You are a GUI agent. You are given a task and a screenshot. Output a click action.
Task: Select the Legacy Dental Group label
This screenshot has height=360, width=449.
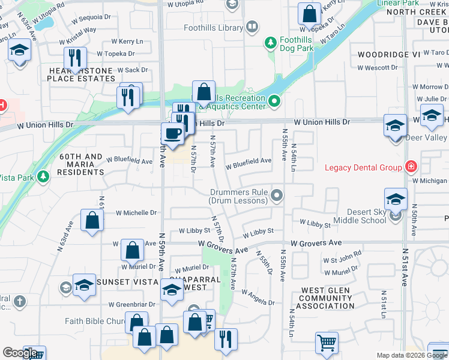pos(363,167)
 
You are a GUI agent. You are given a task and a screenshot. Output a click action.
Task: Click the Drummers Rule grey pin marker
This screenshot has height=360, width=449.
pos(277,195)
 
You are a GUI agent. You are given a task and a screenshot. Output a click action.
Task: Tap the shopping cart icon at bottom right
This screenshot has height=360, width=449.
pos(327,343)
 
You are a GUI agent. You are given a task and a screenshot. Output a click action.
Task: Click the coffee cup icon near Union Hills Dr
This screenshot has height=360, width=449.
pos(173,133)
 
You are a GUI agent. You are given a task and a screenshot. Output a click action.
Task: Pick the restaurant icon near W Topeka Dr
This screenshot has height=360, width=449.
pos(75,58)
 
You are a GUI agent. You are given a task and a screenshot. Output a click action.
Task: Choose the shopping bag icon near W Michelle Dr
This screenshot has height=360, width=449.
pos(92,220)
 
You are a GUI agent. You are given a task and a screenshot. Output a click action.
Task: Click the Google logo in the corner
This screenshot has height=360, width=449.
pos(20,353)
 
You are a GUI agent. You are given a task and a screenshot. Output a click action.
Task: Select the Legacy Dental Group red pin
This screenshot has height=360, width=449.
pos(411,166)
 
